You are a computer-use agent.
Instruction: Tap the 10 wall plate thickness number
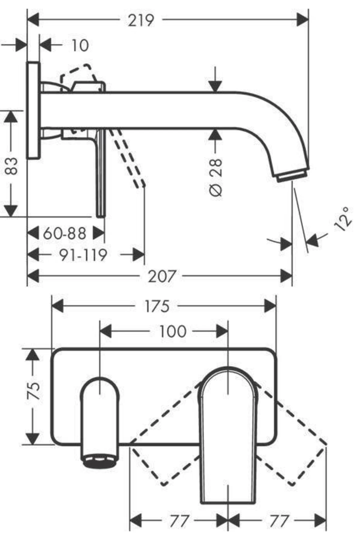click(x=80, y=46)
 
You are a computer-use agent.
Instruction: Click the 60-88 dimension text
click(x=64, y=233)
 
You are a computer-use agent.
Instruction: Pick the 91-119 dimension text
click(x=83, y=255)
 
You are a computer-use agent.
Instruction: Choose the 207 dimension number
click(x=161, y=276)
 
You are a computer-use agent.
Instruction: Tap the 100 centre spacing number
click(x=172, y=331)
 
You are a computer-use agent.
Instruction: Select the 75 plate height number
click(x=34, y=390)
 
